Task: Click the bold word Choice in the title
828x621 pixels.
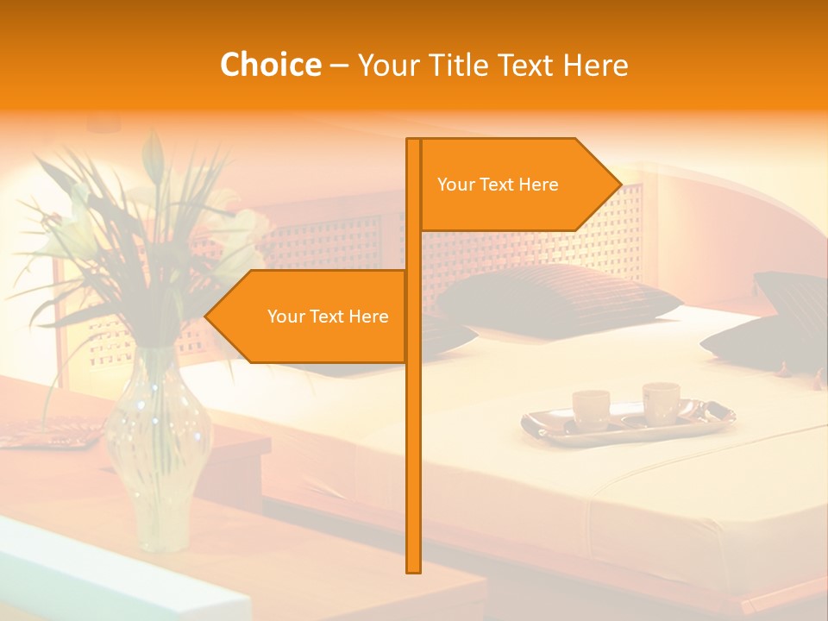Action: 270,65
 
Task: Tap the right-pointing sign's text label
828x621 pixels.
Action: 498,185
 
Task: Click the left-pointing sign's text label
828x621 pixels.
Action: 328,317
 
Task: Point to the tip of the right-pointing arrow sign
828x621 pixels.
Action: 619,184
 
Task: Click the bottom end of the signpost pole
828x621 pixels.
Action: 413,569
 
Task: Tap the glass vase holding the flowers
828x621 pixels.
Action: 159,448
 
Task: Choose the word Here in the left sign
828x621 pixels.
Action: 369,317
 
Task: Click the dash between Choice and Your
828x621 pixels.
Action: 339,66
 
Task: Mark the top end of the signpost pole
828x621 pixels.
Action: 413,141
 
